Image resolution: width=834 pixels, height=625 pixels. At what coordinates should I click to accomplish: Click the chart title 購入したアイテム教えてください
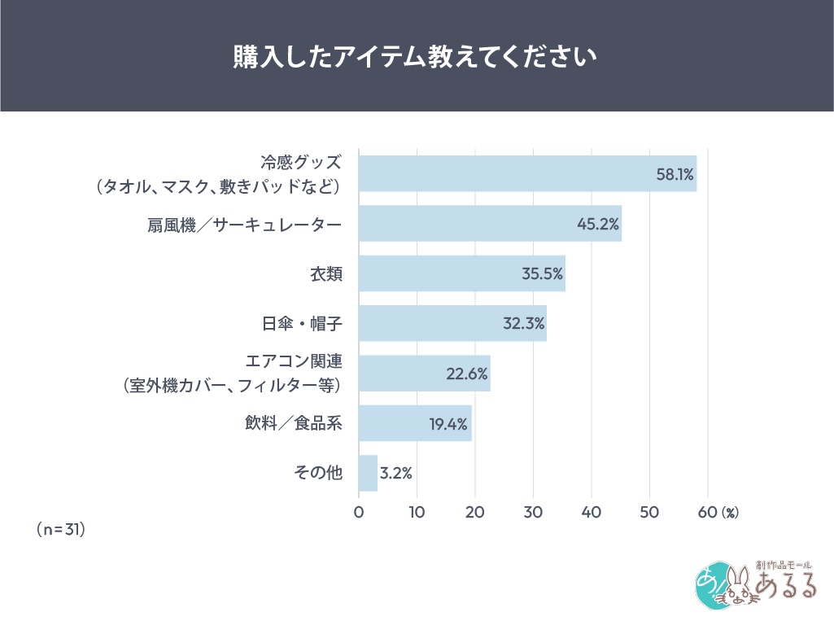416,55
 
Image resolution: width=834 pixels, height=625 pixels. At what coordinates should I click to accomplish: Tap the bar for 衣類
461,273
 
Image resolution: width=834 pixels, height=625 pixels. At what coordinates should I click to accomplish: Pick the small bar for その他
368,473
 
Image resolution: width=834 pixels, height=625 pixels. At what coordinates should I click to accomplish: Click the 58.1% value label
675,174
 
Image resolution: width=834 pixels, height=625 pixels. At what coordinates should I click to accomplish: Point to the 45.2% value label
599,224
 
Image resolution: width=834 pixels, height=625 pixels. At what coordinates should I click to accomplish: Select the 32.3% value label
523,324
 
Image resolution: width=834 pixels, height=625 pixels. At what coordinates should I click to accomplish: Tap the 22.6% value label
467,374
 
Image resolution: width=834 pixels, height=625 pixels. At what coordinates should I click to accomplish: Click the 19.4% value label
448,423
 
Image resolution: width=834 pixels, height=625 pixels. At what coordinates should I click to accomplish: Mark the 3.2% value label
396,473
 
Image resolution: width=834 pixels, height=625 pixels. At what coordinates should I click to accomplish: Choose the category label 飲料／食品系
294,423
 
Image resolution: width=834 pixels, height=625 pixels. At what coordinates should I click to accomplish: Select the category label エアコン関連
294,361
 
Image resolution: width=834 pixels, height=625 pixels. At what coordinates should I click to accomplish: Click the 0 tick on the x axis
359,513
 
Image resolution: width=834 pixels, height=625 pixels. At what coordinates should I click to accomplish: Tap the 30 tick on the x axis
533,513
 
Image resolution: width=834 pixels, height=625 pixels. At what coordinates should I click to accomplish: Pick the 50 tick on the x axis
649,513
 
